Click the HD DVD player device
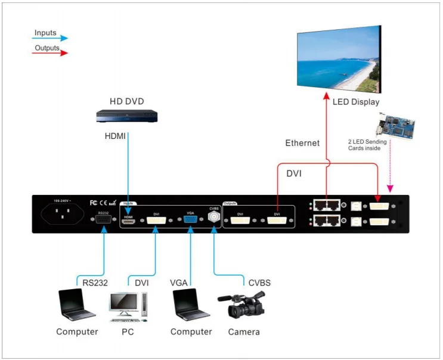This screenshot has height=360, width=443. coord(126,116)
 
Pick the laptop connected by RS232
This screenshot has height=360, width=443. coord(76,304)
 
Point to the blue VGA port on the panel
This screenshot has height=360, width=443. coord(191,220)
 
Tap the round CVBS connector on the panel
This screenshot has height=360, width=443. coord(213,218)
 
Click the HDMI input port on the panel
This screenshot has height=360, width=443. coord(128,221)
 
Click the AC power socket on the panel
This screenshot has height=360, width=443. coord(58,215)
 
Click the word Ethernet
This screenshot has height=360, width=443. coord(302,143)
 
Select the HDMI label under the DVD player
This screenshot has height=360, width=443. coord(115,136)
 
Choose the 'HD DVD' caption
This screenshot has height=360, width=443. coord(126,101)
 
